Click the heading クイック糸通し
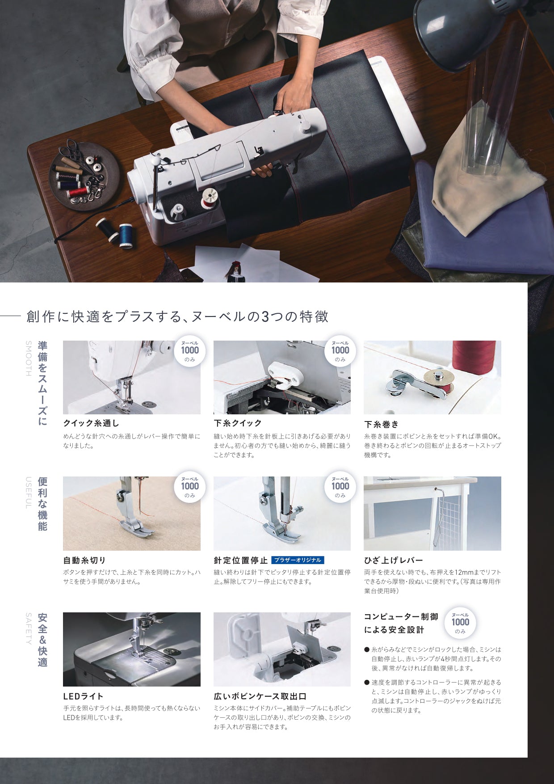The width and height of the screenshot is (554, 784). pos(91,423)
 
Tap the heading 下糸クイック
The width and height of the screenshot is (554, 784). pos(238,423)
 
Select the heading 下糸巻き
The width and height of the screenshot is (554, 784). pos(381,424)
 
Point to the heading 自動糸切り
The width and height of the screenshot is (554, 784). pos(84,560)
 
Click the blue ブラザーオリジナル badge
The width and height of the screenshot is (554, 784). pos(298,560)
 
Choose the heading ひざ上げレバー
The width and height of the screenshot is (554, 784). pos(393,560)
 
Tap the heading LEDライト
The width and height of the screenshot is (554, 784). pos(84,696)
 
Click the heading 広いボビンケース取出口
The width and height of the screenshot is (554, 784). pos(260,696)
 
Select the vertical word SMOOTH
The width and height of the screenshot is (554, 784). pos(28,358)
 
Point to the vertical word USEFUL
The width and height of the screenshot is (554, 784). pos(28,493)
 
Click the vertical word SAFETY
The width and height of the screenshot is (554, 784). pos(28,628)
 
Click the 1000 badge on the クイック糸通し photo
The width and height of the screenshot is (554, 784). pos(190,350)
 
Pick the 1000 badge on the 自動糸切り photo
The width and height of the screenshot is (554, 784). pos(190,486)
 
